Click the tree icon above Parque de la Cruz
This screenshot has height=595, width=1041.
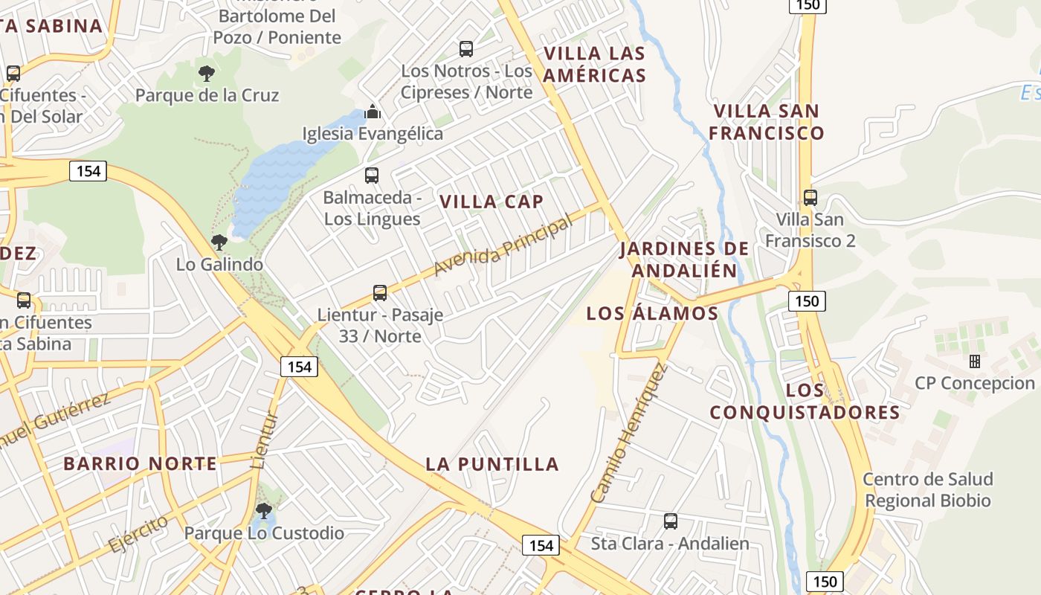coord(207,73)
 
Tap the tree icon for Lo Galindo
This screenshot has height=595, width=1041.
coord(219,242)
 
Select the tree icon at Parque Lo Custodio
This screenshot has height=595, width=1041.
coord(263,511)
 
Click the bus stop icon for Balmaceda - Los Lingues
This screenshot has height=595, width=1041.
coord(372,176)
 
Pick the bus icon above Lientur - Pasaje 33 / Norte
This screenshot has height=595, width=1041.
coord(380,293)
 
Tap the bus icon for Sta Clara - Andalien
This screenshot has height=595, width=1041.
coord(671,521)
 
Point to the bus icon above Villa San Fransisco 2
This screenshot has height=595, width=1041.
coord(810,198)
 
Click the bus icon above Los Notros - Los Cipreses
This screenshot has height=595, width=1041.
coord(466,49)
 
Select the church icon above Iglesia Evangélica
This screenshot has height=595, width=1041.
coord(373,112)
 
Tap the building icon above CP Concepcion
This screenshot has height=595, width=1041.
coord(975,361)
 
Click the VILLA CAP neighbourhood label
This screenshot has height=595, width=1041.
coord(492,202)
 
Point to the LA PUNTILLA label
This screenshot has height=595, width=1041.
coord(492,464)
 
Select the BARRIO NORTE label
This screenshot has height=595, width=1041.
coord(140,463)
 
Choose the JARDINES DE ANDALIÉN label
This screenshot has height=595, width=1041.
coord(684,259)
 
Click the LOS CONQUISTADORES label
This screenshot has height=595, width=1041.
coord(805,401)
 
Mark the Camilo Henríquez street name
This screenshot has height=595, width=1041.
coord(629,433)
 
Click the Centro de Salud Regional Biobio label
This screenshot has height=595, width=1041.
coord(928,489)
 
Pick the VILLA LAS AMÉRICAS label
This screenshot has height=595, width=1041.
coord(595,64)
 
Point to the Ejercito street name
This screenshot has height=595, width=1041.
coord(138,533)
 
